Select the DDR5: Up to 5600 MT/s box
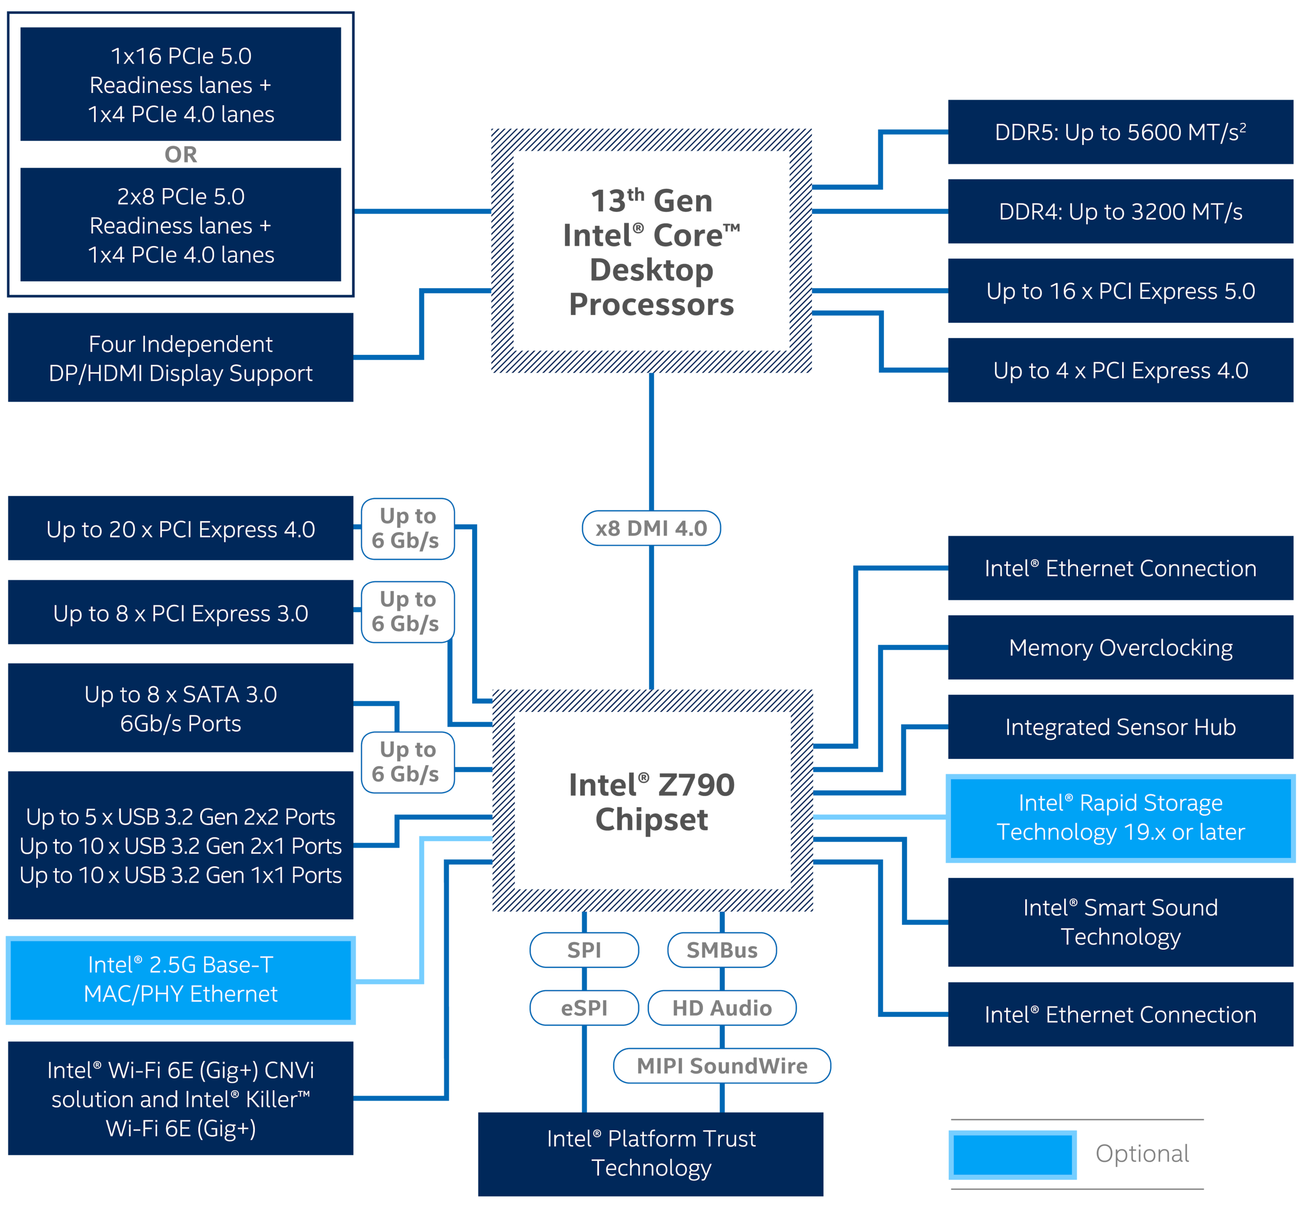pos(1120,132)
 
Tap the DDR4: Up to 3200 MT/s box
pos(1120,211)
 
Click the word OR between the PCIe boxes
pos(181,154)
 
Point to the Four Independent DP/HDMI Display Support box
pos(181,357)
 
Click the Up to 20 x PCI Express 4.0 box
pos(181,528)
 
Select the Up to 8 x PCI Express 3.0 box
pos(181,612)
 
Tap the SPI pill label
pos(584,950)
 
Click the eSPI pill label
pos(584,1008)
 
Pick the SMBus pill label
pos(722,950)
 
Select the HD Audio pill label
pos(722,1008)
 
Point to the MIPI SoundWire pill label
pos(722,1066)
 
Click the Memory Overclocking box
pos(1120,648)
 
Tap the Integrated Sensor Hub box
pos(1120,726)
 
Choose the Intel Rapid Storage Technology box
pos(1120,817)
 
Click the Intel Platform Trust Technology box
pos(651,1154)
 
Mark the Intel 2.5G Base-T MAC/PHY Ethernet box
pos(181,980)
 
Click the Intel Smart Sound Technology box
pos(1120,922)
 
